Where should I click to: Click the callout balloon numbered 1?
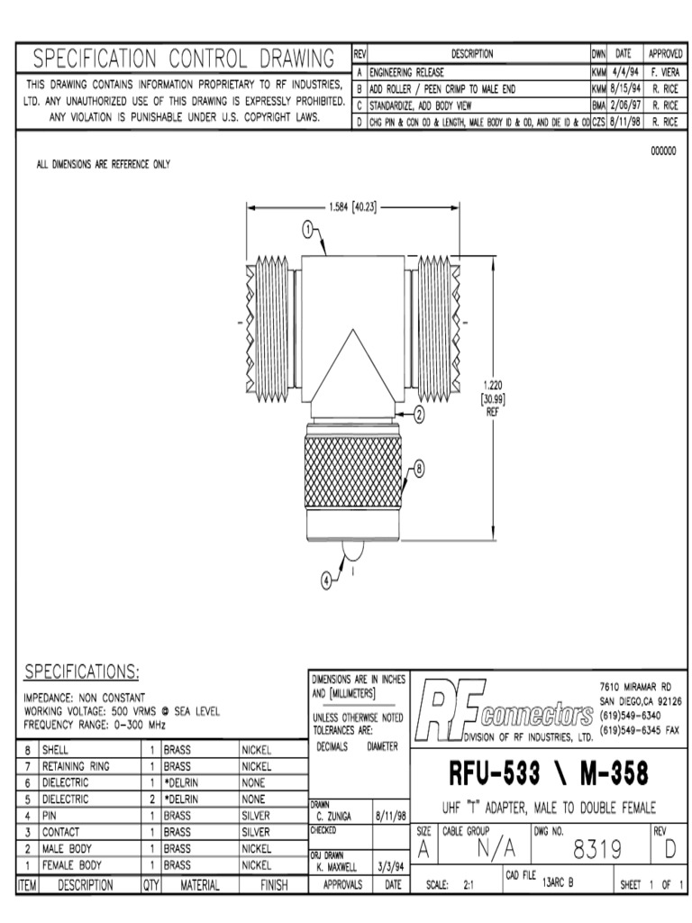[308, 229]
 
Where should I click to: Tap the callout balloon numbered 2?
[419, 415]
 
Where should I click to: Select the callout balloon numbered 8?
[419, 469]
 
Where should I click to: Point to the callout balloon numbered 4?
[326, 581]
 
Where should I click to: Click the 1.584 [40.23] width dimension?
[352, 207]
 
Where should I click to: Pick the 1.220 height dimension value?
[493, 386]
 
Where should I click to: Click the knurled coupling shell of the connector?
[352, 472]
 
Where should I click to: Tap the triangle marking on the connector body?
[352, 366]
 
